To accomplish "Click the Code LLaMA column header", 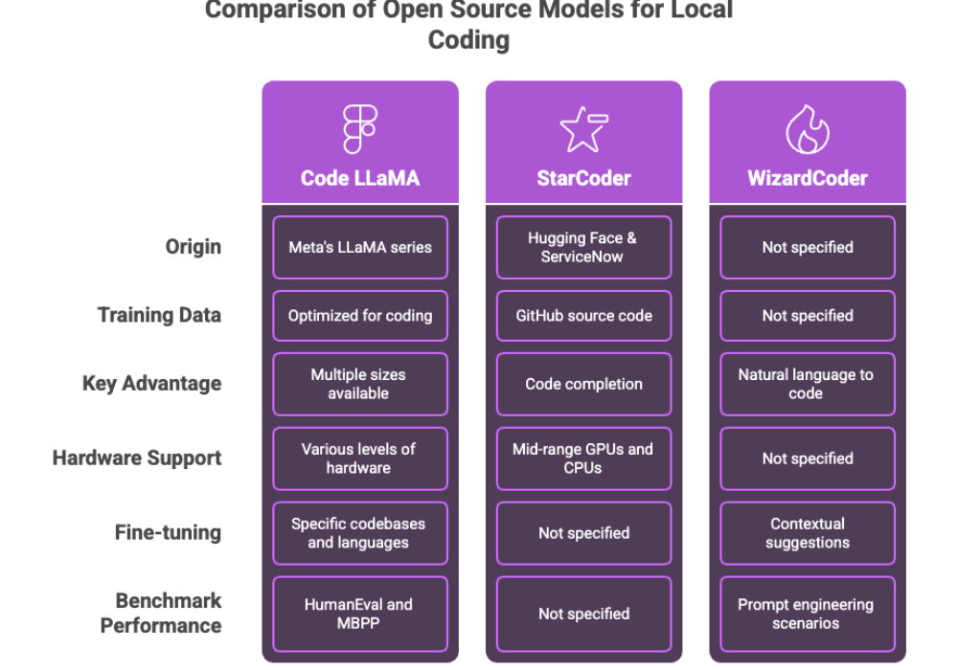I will pyautogui.click(x=360, y=178).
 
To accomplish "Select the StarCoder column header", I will pyautogui.click(x=583, y=178).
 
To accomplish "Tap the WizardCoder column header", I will pyautogui.click(x=808, y=178).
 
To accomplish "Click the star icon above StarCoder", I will pyautogui.click(x=583, y=130).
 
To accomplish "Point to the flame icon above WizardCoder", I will pyautogui.click(x=808, y=130).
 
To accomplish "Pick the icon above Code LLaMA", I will pyautogui.click(x=360, y=130).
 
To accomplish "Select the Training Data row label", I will pyautogui.click(x=160, y=315).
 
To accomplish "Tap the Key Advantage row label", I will pyautogui.click(x=153, y=384).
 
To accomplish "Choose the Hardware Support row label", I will pyautogui.click(x=137, y=458).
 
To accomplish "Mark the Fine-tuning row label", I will pyautogui.click(x=168, y=533).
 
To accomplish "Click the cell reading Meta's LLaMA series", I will pyautogui.click(x=360, y=247).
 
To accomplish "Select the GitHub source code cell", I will pyautogui.click(x=583, y=315).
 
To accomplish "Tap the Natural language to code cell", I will pyautogui.click(x=808, y=384).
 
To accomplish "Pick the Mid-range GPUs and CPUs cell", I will pyautogui.click(x=583, y=458).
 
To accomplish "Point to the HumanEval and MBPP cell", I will pyautogui.click(x=360, y=614).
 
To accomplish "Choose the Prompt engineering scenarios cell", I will pyautogui.click(x=808, y=614).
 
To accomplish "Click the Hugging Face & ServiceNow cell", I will pyautogui.click(x=583, y=247).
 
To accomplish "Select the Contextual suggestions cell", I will pyautogui.click(x=808, y=533).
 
